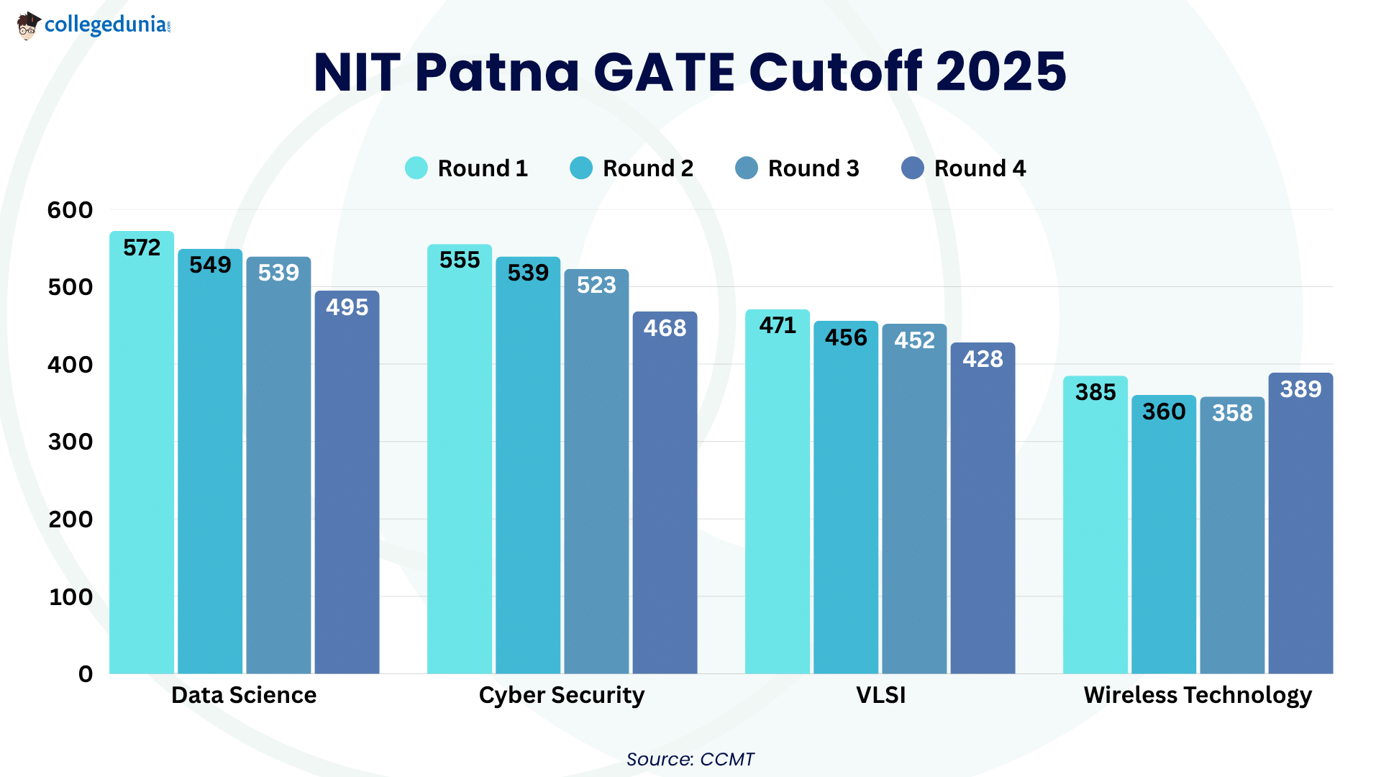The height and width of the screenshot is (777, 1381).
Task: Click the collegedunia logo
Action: tap(94, 25)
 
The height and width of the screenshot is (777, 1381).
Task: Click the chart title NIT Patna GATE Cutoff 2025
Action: tap(690, 72)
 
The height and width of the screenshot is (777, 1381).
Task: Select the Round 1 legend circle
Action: tap(416, 168)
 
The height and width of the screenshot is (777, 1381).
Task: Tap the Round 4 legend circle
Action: tap(913, 168)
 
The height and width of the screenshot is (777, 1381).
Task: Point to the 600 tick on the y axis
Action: tap(70, 210)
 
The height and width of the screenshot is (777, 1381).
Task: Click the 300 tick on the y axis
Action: tap(70, 442)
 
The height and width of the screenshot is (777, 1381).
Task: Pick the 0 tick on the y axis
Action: tap(86, 674)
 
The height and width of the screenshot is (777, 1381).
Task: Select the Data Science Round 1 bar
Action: tap(142, 460)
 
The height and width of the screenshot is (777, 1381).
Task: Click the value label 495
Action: tap(347, 307)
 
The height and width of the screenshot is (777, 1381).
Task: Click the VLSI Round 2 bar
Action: tap(846, 504)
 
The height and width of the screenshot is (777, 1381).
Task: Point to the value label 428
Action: tap(983, 359)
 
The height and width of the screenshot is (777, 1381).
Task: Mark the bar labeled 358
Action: tap(1232, 540)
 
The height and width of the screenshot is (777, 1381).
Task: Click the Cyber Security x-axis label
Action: tap(562, 695)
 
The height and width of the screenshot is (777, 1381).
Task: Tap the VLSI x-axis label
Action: tap(880, 695)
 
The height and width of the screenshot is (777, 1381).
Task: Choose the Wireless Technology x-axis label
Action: tap(1198, 695)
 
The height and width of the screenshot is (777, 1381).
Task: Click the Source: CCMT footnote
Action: tap(690, 759)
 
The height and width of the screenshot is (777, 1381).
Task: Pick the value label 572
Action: tap(142, 247)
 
